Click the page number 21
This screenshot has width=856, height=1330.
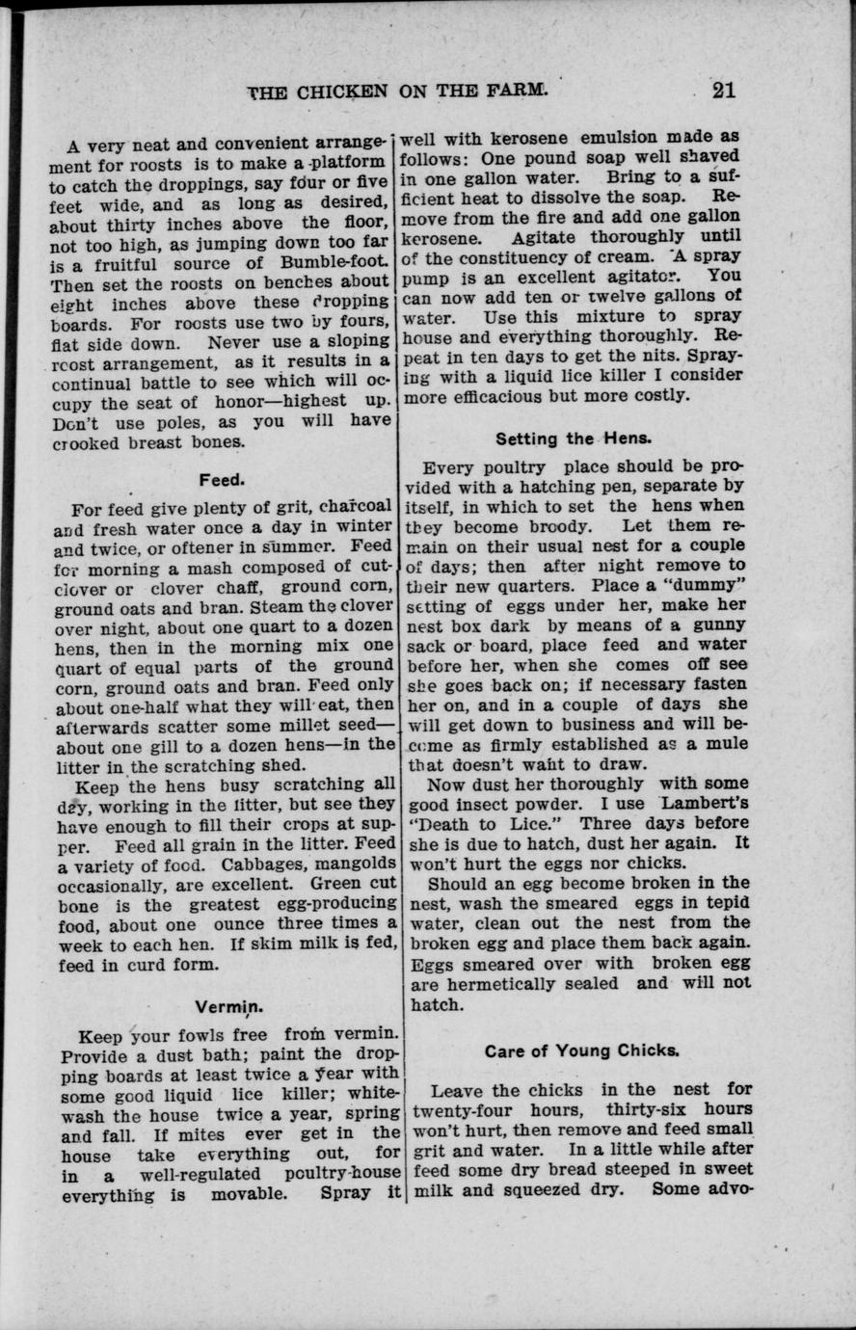pos(723,90)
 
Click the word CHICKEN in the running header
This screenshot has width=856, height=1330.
pos(340,92)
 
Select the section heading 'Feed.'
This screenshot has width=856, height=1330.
pos(222,478)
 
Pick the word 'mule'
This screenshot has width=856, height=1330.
pos(723,744)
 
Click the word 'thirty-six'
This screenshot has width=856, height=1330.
pos(649,1109)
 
